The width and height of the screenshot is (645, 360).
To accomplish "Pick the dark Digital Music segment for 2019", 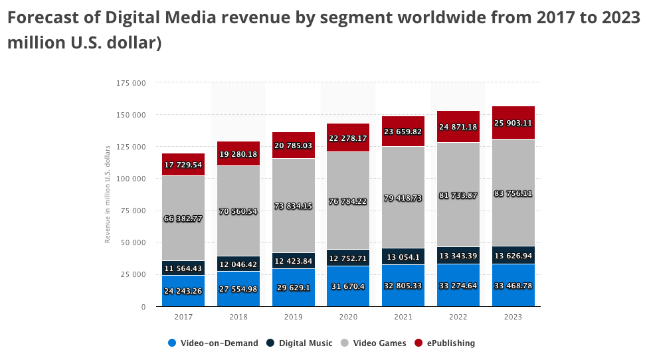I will pyautogui.click(x=293, y=261).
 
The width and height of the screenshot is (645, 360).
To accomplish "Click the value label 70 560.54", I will pyautogui.click(x=238, y=212).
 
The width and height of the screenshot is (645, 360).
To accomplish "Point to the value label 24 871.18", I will pyautogui.click(x=458, y=127).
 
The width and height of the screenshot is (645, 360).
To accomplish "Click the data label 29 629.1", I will pyautogui.click(x=293, y=287).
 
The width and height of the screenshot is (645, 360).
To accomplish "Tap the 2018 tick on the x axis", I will pyautogui.click(x=238, y=317).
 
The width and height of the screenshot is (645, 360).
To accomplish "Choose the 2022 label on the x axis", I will pyautogui.click(x=458, y=317).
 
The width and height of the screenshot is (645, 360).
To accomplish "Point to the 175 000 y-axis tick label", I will pyautogui.click(x=130, y=83).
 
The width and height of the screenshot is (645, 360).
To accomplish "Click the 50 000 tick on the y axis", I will pyautogui.click(x=132, y=242).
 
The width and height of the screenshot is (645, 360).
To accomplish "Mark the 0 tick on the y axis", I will pyautogui.click(x=143, y=306).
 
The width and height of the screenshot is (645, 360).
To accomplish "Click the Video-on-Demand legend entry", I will pyautogui.click(x=213, y=343).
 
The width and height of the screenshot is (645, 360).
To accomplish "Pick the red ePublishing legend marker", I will pyautogui.click(x=418, y=343).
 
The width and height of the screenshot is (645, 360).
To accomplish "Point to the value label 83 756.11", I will pyautogui.click(x=513, y=193).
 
